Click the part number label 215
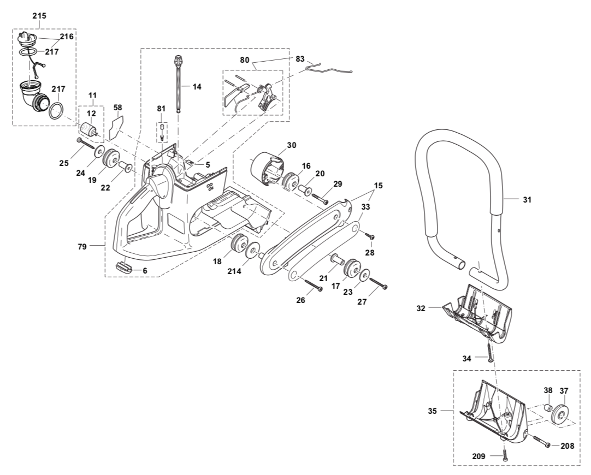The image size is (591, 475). [39, 16]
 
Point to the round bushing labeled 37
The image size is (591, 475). [560, 414]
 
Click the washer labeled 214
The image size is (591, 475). [253, 252]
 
